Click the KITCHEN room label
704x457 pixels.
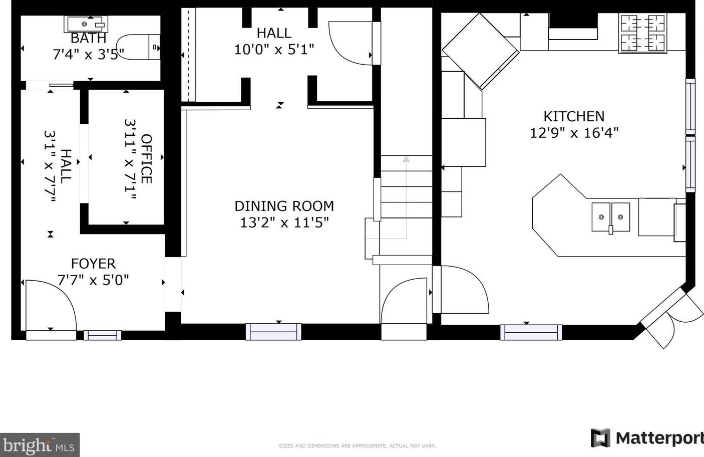click(574, 116)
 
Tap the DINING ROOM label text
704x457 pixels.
click(284, 206)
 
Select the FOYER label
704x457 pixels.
click(93, 264)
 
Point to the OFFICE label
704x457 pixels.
click(146, 158)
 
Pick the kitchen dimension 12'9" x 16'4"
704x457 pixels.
click(574, 133)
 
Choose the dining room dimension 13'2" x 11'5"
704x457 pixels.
click(284, 222)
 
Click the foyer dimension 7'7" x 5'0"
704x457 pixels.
click(93, 280)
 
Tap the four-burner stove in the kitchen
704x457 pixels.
click(643, 33)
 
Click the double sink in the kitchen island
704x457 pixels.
click(611, 217)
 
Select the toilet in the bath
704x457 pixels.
click(138, 47)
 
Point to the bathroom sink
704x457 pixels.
click(86, 24)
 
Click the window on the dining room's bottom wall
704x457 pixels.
click(273, 332)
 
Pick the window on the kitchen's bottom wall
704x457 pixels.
click(531, 332)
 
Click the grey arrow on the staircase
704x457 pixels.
click(407, 196)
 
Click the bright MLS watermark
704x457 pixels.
click(40, 445)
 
